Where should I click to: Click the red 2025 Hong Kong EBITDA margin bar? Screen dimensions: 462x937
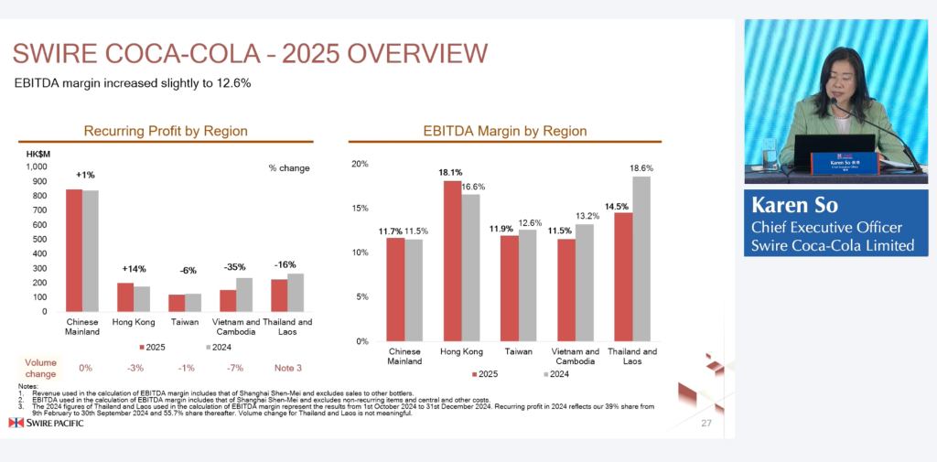coord(452,261)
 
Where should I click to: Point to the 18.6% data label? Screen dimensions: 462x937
coord(642,168)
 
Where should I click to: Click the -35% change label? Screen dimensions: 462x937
coord(236,267)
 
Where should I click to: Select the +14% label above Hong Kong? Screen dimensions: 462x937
coord(134,269)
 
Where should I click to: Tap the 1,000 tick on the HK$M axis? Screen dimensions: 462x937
coord(36,167)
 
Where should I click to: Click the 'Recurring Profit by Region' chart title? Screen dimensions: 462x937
coord(166,132)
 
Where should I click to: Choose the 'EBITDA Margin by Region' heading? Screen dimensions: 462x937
coord(504,132)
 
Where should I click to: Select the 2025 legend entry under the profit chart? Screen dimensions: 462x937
coord(152,349)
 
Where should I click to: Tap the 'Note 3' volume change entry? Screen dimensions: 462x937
coord(287,368)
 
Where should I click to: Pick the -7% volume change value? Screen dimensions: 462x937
coord(236,368)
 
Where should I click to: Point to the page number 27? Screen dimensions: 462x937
coord(705,424)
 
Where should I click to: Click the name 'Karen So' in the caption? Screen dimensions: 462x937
coord(794,204)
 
